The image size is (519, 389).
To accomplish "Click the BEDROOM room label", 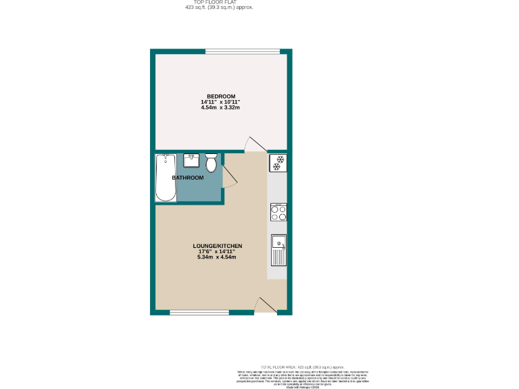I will coord(221,95).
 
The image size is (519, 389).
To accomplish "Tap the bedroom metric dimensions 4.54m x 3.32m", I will coord(221,107).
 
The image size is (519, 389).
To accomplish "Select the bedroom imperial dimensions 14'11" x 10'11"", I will coord(221,101).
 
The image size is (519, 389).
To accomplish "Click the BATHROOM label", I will coord(188,178).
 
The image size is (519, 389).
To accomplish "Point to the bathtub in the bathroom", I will coord(166,178).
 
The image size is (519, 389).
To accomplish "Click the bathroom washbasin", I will coord(192,161).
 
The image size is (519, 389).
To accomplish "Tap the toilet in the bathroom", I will coord(211,163).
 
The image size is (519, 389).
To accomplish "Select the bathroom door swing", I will coord(230,177).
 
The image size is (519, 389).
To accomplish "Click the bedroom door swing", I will coord(255,144).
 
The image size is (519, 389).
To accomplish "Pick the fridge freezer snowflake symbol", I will coord(278,163).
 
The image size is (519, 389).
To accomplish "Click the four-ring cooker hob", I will coord(278,212).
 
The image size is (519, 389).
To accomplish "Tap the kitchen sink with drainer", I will coord(278,251).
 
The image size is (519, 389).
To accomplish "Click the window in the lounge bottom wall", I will coord(199,312).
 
